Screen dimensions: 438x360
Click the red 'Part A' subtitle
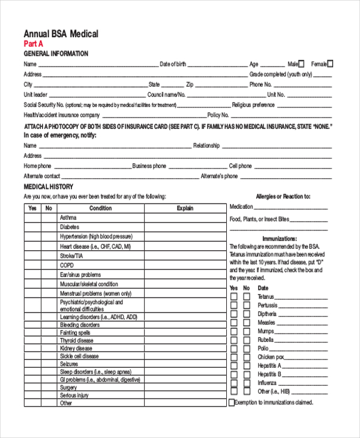click(x=33, y=44)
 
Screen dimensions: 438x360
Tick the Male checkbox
click(x=301, y=64)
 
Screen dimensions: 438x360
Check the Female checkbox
click(x=330, y=64)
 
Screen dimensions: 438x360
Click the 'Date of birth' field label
click(x=173, y=64)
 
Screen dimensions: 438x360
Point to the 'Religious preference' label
click(x=253, y=105)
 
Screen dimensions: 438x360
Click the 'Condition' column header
click(x=100, y=208)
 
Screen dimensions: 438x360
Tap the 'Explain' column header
click(x=185, y=208)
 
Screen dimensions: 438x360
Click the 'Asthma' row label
click(x=68, y=217)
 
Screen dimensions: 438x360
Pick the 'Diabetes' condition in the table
click(x=70, y=227)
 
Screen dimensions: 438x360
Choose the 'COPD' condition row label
click(x=67, y=265)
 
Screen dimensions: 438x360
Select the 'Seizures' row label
click(x=69, y=364)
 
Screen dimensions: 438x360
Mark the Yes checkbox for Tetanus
click(x=233, y=296)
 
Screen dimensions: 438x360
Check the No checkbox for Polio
click(x=246, y=348)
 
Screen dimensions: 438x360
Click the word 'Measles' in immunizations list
click(x=266, y=322)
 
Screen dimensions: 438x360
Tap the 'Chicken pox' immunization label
click(x=270, y=357)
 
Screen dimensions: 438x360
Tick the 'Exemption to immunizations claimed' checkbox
click(x=232, y=403)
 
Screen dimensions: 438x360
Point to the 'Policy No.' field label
click(x=218, y=115)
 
